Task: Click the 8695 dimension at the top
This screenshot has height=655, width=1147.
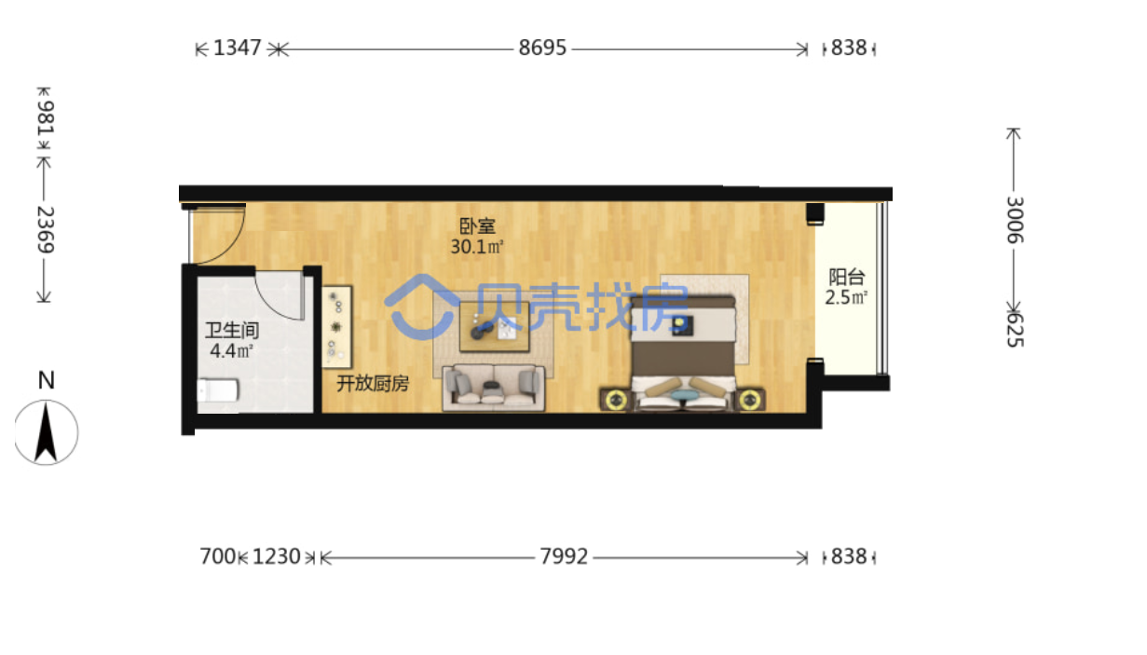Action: click(x=542, y=48)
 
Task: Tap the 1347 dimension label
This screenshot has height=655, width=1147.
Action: click(x=237, y=48)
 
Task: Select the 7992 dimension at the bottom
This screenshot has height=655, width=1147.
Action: click(x=564, y=556)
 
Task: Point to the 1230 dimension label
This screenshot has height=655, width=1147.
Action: click(x=277, y=556)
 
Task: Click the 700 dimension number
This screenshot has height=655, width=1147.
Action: click(x=218, y=556)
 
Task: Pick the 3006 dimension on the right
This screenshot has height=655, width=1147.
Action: click(x=1014, y=220)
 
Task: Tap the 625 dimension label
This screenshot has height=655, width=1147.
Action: click(x=1014, y=330)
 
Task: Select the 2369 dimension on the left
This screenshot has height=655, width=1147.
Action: click(x=45, y=230)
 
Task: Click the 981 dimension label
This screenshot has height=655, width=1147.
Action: click(x=45, y=118)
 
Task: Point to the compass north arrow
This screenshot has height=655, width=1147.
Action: click(x=46, y=432)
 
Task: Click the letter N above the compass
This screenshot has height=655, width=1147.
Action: click(x=46, y=380)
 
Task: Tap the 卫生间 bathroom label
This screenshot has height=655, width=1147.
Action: click(x=232, y=331)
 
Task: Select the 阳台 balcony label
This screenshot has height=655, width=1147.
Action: click(x=847, y=277)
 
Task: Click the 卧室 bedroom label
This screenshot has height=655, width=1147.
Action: click(x=477, y=225)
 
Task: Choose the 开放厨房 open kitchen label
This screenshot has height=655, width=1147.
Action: click(x=373, y=383)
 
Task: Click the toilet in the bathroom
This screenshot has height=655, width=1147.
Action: click(x=218, y=390)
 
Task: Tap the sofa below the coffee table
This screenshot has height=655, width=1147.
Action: click(x=494, y=388)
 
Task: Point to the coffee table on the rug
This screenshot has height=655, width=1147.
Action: click(x=494, y=327)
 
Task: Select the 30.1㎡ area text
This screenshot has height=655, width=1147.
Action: click(x=477, y=247)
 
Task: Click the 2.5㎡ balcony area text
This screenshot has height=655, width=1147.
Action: click(x=846, y=297)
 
